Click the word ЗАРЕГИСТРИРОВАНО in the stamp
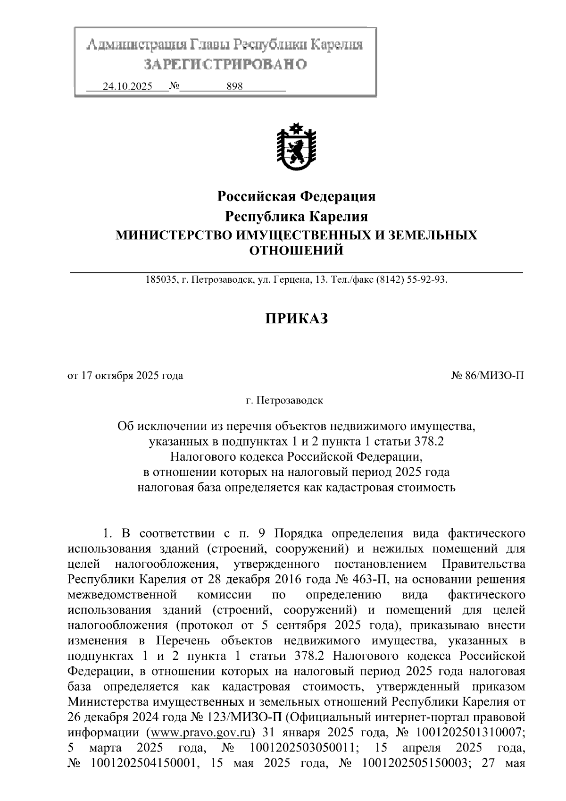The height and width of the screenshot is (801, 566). tap(225, 64)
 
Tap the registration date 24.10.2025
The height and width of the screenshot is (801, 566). tap(127, 86)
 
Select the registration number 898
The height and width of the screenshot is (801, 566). tap(234, 86)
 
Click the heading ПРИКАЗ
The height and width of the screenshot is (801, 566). tap(296, 319)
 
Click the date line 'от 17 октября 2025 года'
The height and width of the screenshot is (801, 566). tap(125, 376)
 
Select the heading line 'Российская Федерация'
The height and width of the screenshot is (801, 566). tap(296, 196)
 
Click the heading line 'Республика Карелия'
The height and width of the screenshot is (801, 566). tap(296, 217)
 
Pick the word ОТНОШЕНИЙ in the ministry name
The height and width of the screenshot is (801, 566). tap(296, 250)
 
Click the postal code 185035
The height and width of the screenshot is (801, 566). tap(161, 280)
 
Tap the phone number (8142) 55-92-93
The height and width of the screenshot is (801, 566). tap(410, 280)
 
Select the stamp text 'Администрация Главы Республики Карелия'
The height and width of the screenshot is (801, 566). tap(225, 45)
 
